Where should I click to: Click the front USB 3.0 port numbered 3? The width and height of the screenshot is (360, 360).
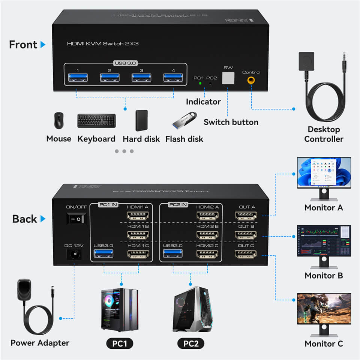pyautogui.click(x=141, y=78)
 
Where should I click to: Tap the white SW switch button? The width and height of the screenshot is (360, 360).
pyautogui.click(x=228, y=78)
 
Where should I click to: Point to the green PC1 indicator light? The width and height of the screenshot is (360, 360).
pyautogui.click(x=199, y=83)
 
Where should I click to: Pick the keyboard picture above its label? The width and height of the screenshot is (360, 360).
pyautogui.click(x=96, y=120)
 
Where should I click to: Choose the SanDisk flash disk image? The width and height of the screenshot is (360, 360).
pyautogui.click(x=184, y=119)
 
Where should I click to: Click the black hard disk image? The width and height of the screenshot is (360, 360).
pyautogui.click(x=141, y=120)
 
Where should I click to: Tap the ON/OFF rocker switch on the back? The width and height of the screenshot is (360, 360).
pyautogui.click(x=76, y=219)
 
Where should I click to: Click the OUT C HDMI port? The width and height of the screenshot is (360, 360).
pyautogui.click(x=246, y=255)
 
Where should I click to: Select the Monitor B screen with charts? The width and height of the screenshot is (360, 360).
pyautogui.click(x=324, y=241)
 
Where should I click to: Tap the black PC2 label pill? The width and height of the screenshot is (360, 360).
pyautogui.click(x=191, y=343)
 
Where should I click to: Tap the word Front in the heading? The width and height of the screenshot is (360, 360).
pyautogui.click(x=23, y=45)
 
